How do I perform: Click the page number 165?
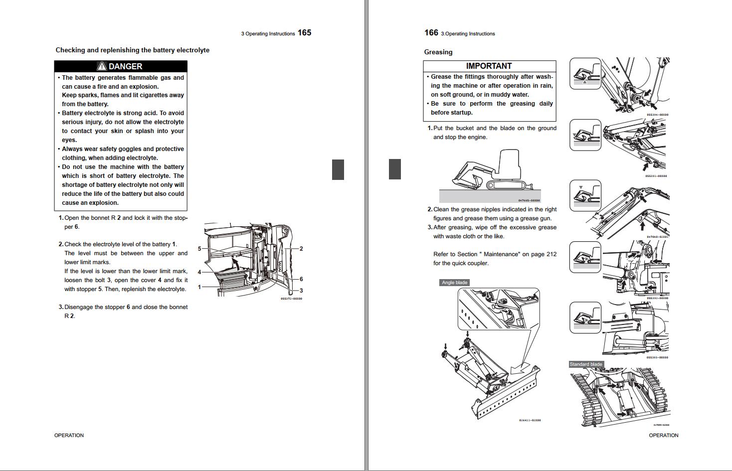coord(304,33)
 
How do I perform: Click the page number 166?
coord(431,33)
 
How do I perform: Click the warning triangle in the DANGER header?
coord(102,66)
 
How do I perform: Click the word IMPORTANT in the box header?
coord(489,66)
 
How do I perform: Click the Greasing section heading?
coord(438,52)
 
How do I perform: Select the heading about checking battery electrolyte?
coord(132,50)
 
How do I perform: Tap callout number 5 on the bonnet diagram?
coord(199,249)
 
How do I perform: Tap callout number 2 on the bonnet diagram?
coord(301,249)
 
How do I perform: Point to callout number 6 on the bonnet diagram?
coord(301,279)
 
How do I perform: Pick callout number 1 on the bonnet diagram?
coord(199,287)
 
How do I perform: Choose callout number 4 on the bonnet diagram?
coord(199,272)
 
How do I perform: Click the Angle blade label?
coord(454,283)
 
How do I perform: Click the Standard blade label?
coord(586,364)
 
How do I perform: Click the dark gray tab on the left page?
coord(338,169)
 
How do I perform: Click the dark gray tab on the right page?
coord(394,169)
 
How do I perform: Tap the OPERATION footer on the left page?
coord(69,436)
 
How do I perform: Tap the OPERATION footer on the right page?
coord(663,436)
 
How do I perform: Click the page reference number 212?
coord(550,254)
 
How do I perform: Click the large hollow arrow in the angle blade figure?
coord(521,368)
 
